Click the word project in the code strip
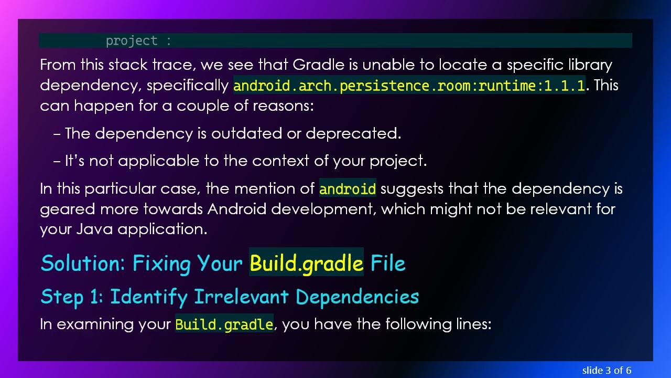coord(131,40)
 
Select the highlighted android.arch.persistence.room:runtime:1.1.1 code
coord(409,86)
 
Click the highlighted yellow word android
coord(347,189)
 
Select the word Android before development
coord(237,209)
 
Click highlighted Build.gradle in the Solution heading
coord(306,263)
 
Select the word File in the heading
coord(388,263)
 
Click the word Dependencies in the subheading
coord(357,297)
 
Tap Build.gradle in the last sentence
coord(224,324)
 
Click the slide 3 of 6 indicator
coord(607,370)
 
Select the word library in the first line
coord(590,65)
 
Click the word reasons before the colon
coord(282,106)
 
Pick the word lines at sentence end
coord(471,324)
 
